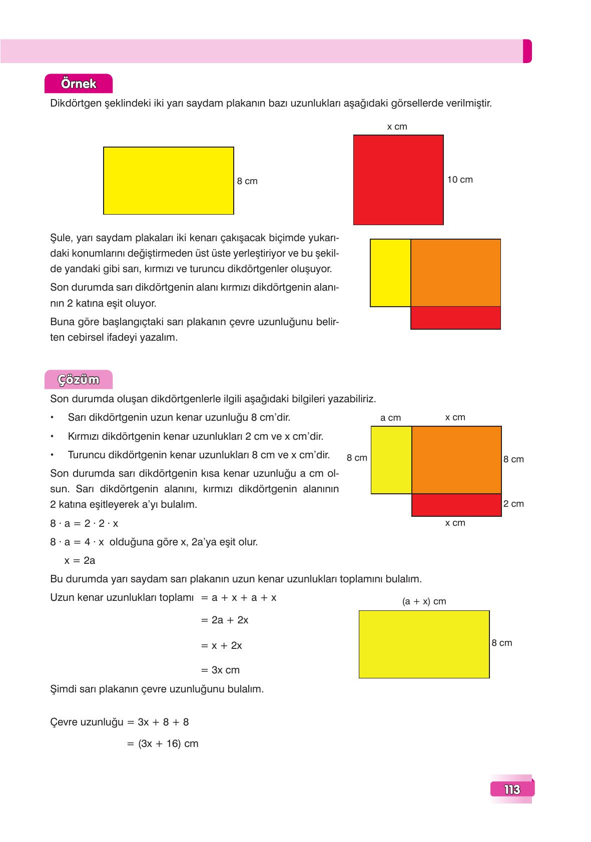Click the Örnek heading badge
point(79,84)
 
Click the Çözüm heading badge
point(79,380)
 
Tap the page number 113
point(512,789)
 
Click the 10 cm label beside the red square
point(459,180)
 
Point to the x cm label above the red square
point(397,127)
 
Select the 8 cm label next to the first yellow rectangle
point(247,181)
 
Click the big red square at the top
point(398,180)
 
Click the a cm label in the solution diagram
point(390,418)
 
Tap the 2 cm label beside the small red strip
point(513,504)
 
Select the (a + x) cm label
point(424,601)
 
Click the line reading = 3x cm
point(220,670)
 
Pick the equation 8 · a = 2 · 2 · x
point(84,523)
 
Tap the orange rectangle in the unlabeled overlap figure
point(455,273)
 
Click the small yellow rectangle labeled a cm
point(391,460)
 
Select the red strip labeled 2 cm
point(456,505)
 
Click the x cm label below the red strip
point(455,523)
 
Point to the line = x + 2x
point(221,645)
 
